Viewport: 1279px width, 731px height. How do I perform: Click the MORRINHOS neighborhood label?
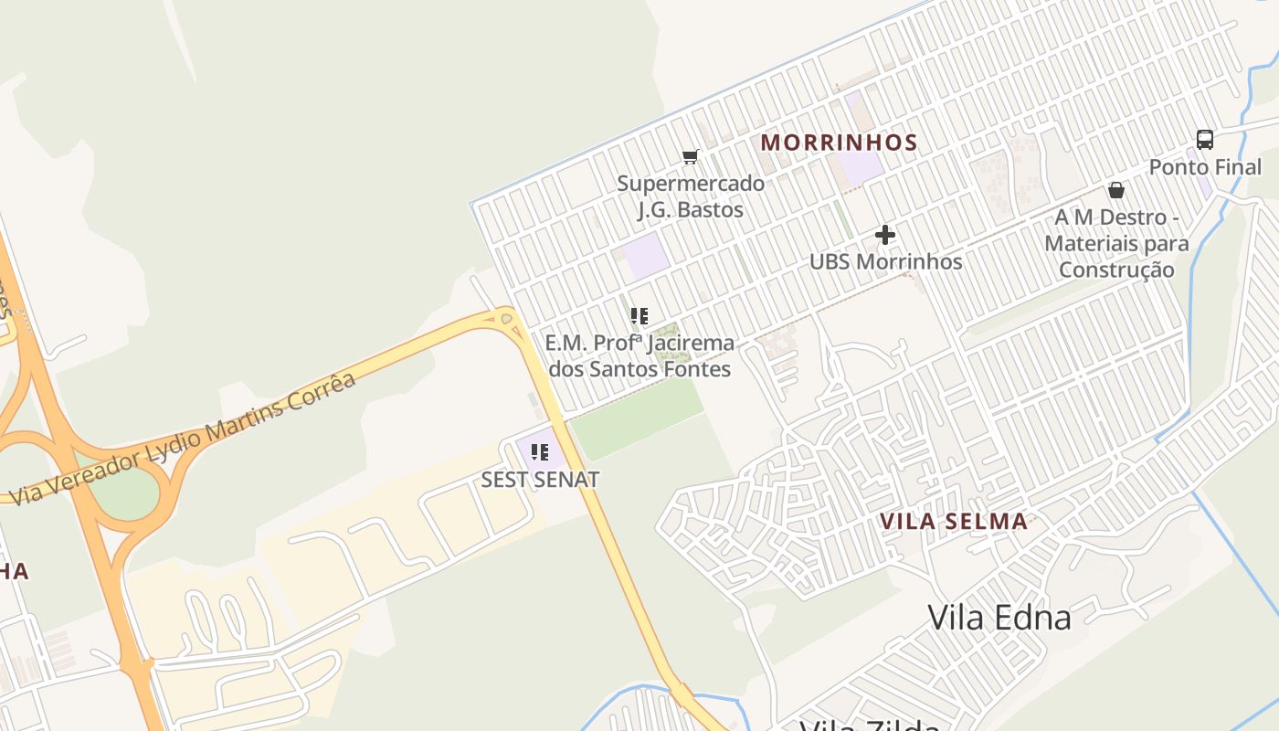coord(839,143)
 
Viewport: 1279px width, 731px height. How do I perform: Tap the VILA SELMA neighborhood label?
coord(954,522)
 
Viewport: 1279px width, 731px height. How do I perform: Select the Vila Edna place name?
coord(999,617)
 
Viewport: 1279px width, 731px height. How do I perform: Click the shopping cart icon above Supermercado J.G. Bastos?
coord(691,157)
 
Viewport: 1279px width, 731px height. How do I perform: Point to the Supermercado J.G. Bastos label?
coord(691,196)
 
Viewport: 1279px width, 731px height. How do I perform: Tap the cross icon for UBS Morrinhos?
coord(884,235)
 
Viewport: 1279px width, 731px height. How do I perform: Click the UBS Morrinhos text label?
coord(885,261)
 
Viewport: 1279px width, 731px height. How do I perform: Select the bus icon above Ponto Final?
coord(1205,140)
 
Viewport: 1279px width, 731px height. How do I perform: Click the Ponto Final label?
coord(1205,167)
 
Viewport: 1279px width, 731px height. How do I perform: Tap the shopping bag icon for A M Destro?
coord(1115,190)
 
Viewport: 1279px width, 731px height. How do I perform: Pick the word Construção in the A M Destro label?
coord(1116,270)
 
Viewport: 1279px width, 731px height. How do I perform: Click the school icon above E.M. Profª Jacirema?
coord(639,316)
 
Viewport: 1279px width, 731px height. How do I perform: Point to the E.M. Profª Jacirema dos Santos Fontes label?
coord(639,356)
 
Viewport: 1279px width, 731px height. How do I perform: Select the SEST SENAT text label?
coord(540,480)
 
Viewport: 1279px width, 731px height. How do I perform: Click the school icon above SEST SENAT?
coord(540,451)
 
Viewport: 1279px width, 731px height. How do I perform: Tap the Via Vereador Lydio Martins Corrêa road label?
coord(183,439)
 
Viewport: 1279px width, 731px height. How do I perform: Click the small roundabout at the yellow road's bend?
coord(506,319)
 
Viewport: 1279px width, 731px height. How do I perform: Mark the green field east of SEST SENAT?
coord(639,417)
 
